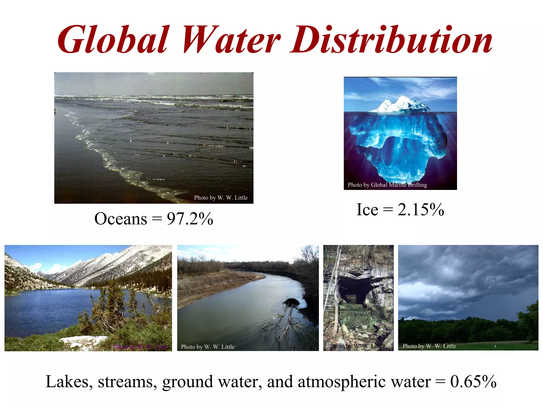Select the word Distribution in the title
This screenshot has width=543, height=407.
tap(391, 40)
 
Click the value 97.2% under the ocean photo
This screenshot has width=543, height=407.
tap(190, 219)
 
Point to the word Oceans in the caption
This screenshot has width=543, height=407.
tap(121, 219)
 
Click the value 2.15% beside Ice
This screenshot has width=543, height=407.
tap(421, 210)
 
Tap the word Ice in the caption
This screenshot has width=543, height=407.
tap(367, 210)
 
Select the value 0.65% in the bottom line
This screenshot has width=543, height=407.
tap(473, 382)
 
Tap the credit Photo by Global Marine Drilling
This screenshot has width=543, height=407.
tap(387, 185)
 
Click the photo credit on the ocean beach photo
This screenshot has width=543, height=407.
tap(221, 198)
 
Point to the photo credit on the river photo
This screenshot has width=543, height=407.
tap(208, 347)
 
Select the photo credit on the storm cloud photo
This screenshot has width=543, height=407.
tap(429, 346)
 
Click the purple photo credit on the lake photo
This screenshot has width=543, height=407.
tap(141, 347)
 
